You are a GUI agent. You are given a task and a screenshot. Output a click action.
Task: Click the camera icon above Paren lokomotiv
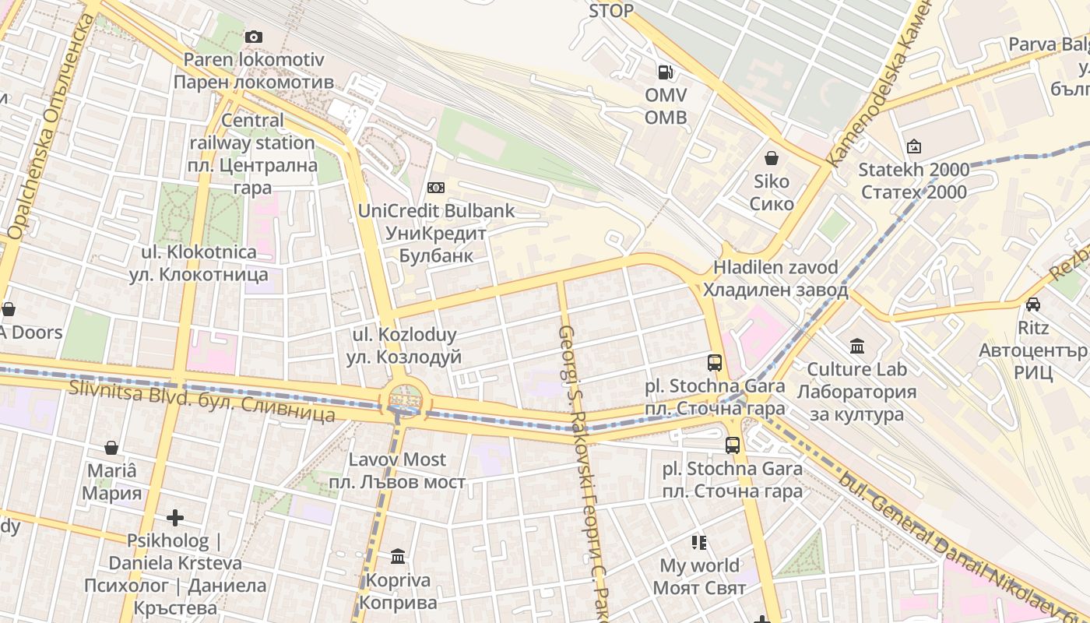pyautogui.click(x=253, y=37)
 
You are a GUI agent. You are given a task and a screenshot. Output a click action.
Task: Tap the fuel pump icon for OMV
pyautogui.click(x=666, y=72)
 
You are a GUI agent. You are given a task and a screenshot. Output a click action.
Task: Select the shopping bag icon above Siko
pyautogui.click(x=772, y=159)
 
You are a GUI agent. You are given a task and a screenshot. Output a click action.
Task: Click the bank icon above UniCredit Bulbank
pyautogui.click(x=436, y=188)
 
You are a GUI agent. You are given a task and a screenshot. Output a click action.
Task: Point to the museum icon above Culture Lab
pyautogui.click(x=857, y=346)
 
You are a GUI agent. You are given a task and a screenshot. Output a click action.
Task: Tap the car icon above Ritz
pyautogui.click(x=1032, y=304)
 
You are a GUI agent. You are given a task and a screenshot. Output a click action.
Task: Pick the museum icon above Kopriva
pyautogui.click(x=398, y=556)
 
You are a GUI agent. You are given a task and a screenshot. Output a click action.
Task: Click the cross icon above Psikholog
pyautogui.click(x=175, y=517)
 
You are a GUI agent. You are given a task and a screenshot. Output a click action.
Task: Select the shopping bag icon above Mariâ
pyautogui.click(x=111, y=448)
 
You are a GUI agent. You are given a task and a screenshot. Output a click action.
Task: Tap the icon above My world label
pyautogui.click(x=698, y=542)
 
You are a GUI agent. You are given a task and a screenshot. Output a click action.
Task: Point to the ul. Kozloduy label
pyautogui.click(x=404, y=346)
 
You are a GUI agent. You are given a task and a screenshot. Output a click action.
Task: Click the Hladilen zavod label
pyautogui.click(x=775, y=278)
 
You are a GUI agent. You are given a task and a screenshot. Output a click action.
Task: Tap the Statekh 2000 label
pyautogui.click(x=913, y=181)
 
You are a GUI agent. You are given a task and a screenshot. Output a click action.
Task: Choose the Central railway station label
pyautogui.click(x=252, y=153)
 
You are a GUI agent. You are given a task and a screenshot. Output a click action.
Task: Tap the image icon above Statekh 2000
pyautogui.click(x=913, y=146)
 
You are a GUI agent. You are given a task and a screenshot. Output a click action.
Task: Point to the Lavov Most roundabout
pyautogui.click(x=403, y=399)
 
